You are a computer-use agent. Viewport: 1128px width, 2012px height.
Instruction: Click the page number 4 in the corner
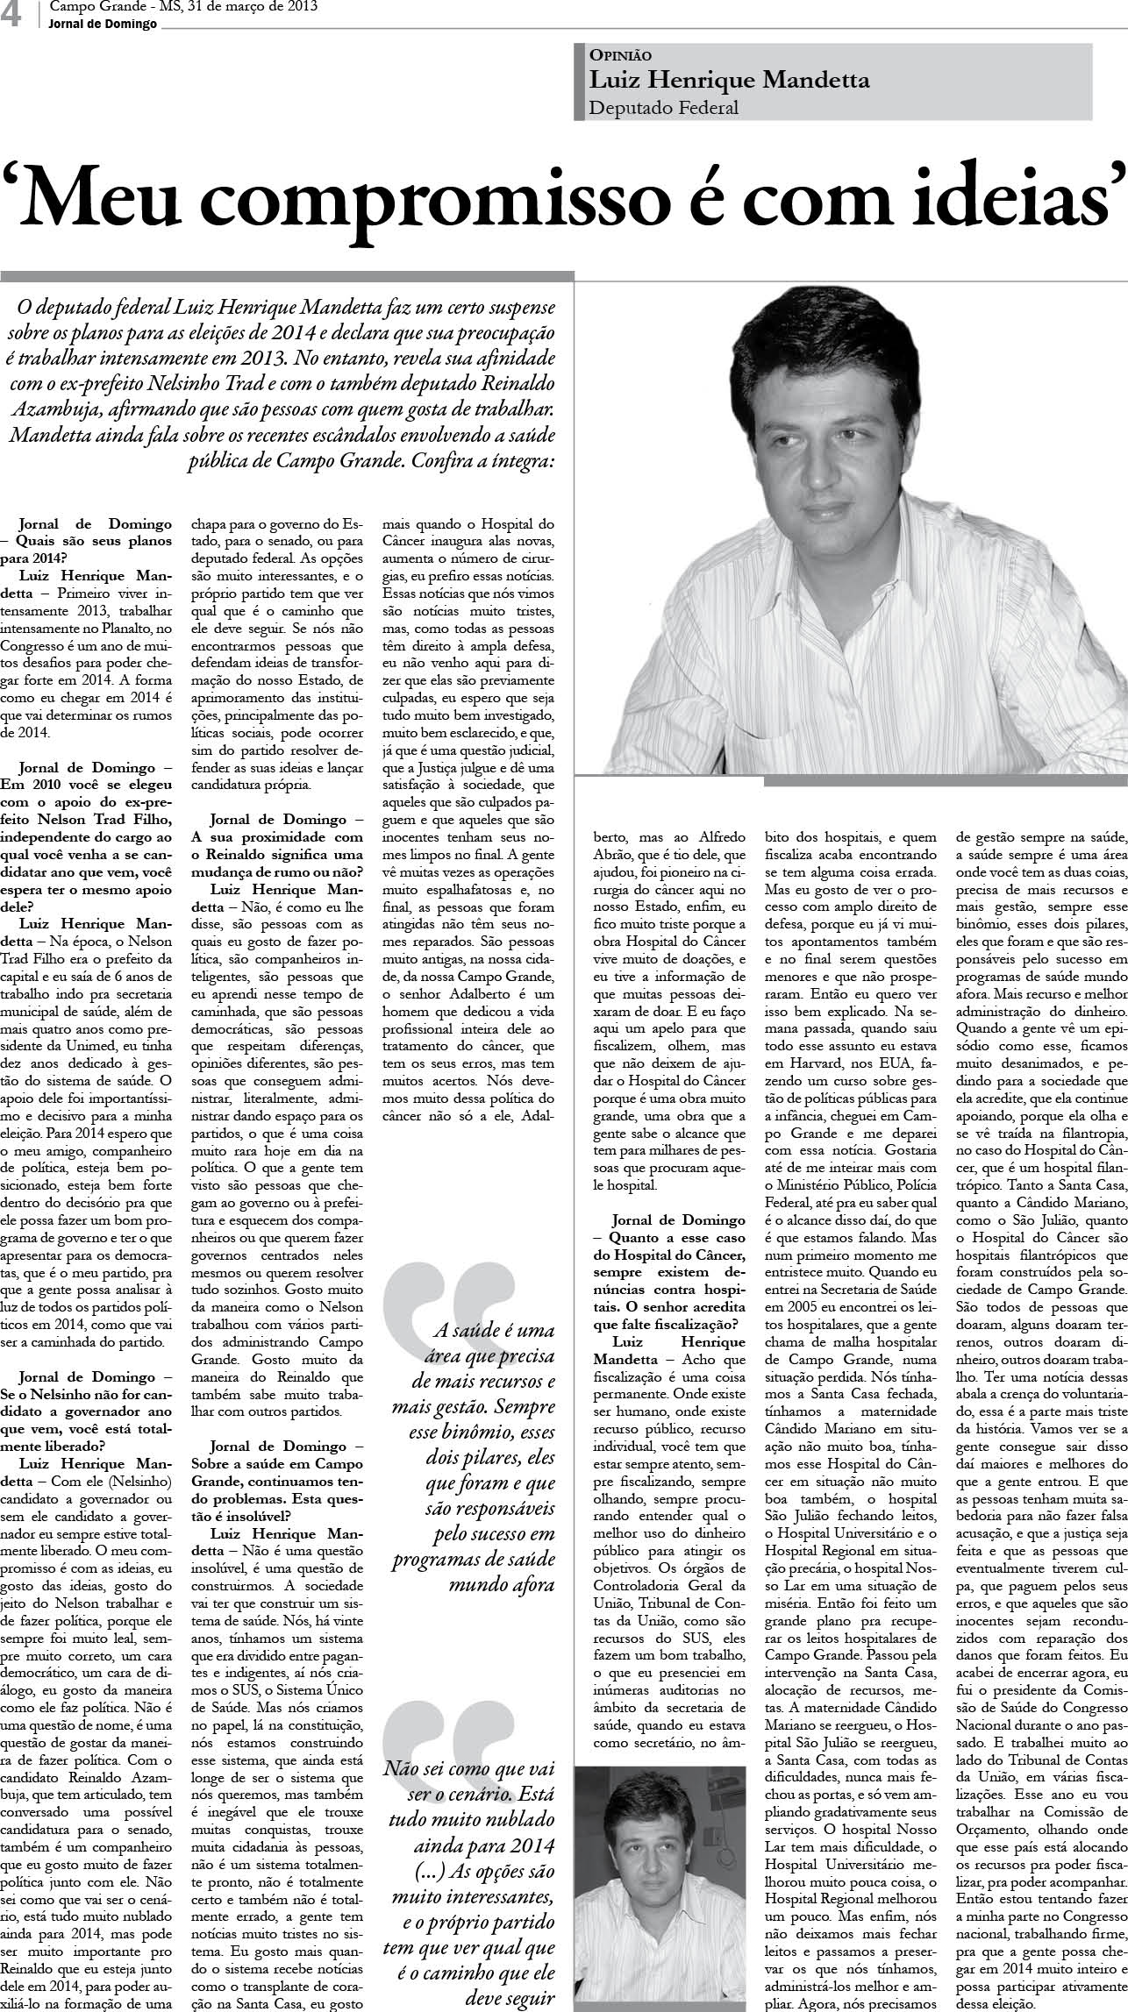pos(11,15)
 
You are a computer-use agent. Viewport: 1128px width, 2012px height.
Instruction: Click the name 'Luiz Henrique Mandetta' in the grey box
pos(729,81)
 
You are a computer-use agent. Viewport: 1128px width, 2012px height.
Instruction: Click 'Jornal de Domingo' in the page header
pos(104,25)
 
